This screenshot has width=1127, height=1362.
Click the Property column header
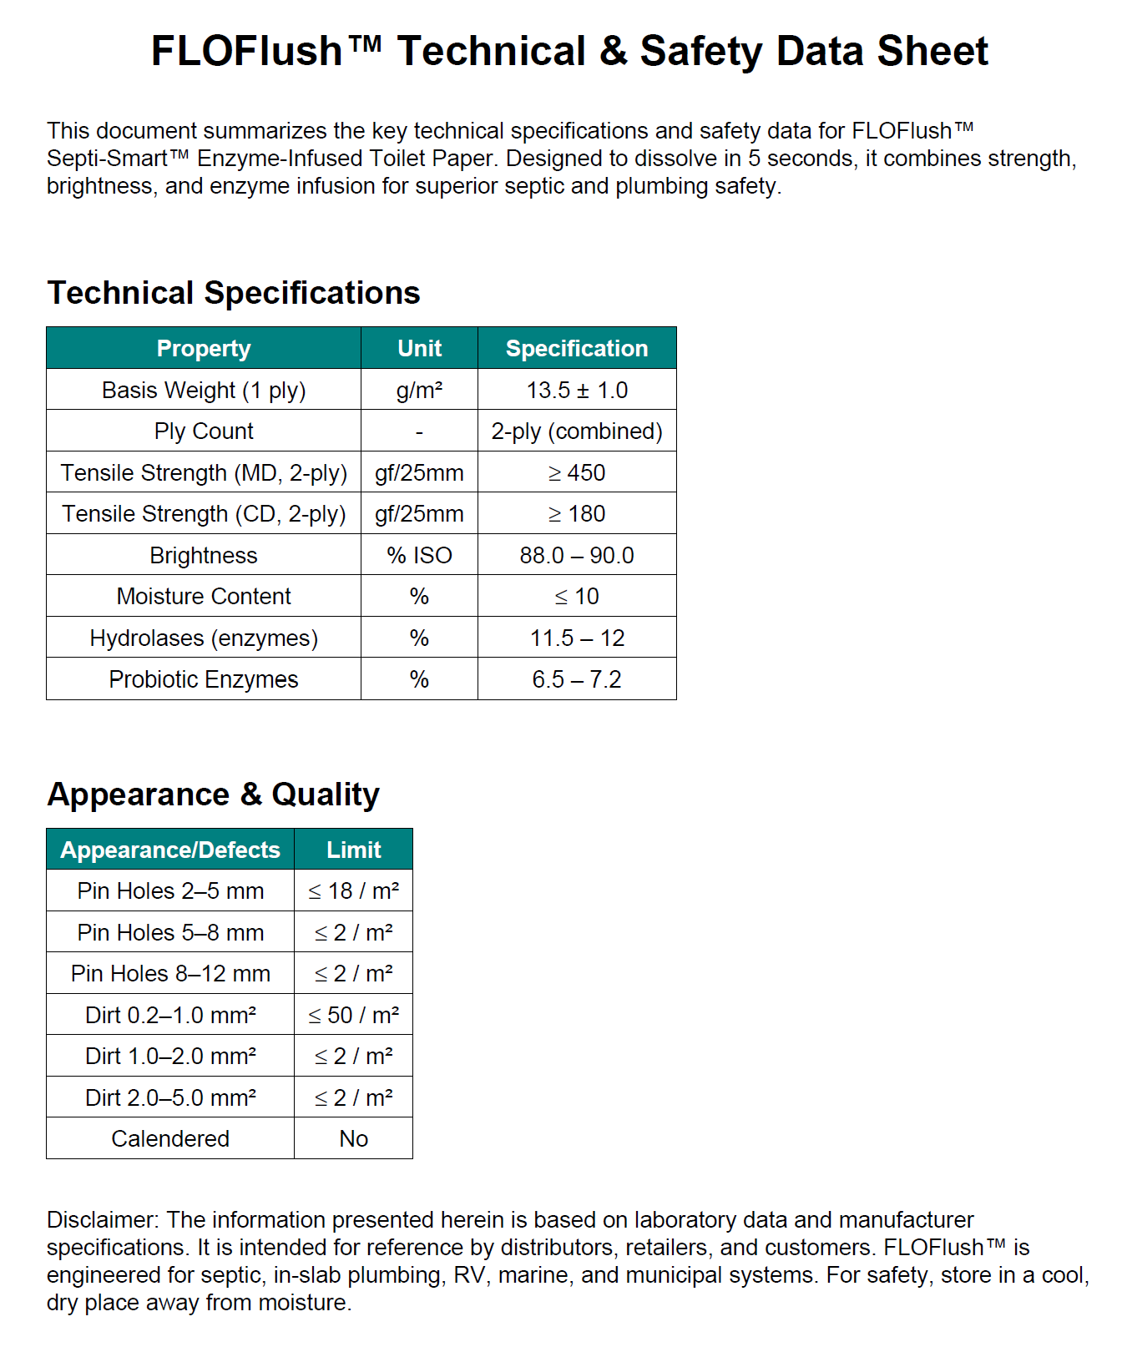point(203,348)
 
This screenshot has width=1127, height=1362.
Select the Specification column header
point(577,348)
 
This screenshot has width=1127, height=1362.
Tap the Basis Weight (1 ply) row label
point(203,390)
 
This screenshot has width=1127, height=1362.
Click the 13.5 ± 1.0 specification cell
point(577,390)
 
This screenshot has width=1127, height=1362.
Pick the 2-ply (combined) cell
point(577,431)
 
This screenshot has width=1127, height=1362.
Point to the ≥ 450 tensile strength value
point(577,472)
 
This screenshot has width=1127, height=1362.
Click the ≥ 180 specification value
point(577,513)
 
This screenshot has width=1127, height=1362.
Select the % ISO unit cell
point(419,555)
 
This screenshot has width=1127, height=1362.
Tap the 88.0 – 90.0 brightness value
point(577,555)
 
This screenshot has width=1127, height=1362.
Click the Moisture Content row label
point(203,596)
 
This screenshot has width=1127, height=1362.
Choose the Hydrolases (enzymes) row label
point(203,638)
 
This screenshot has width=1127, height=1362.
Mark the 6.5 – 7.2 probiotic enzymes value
point(577,679)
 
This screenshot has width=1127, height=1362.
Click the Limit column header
point(353,850)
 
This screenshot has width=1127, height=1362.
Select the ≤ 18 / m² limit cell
point(353,890)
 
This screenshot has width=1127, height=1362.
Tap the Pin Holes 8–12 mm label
point(170,973)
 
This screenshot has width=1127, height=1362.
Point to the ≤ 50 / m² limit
point(353,1015)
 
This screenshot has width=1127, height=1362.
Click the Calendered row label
point(170,1138)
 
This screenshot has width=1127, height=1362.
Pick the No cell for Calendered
point(353,1138)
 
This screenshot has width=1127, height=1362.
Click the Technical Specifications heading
point(234,293)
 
